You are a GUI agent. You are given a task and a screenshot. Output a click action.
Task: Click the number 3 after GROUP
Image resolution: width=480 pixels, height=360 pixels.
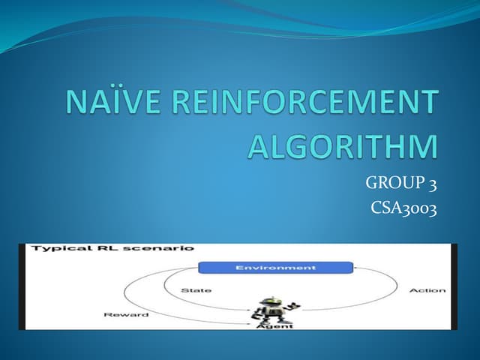coord(430,182)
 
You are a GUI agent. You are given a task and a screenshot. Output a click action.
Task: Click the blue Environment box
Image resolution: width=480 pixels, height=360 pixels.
coord(274,268)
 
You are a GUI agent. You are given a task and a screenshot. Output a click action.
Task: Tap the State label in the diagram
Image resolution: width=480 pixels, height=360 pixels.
coord(196,289)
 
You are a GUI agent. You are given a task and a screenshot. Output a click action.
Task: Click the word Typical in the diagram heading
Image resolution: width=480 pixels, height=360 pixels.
coord(52,247)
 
